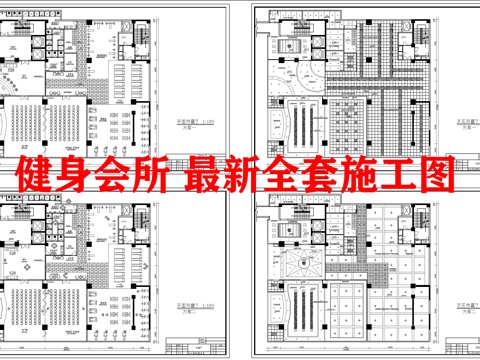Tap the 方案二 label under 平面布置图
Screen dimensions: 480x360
pyautogui.click(x=185, y=303)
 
